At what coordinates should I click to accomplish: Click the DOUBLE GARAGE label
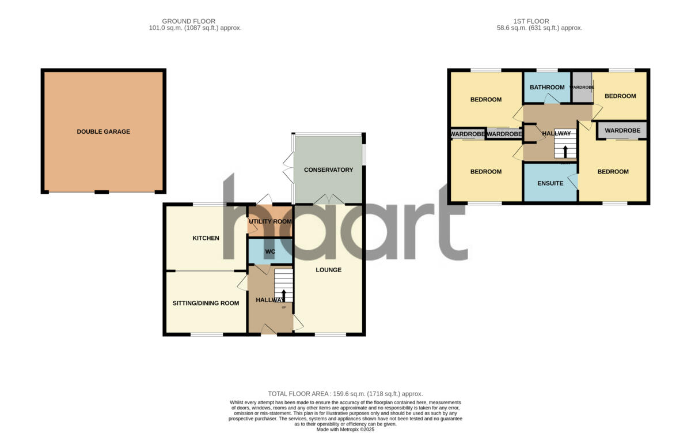[104, 131]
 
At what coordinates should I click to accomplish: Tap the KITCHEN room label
[206, 238]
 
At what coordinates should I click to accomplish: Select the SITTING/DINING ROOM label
[206, 303]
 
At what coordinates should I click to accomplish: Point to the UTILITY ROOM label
[270, 221]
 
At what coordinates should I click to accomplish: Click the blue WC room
[270, 252]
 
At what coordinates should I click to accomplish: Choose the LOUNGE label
[328, 270]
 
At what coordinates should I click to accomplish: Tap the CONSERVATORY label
[328, 170]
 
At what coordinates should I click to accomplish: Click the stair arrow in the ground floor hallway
[283, 295]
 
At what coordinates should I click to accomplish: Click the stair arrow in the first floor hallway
[565, 151]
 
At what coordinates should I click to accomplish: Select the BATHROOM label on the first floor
[547, 88]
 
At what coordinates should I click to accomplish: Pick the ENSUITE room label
[550, 183]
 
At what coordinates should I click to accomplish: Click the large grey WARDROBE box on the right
[622, 130]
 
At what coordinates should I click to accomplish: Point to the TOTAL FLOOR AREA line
[345, 394]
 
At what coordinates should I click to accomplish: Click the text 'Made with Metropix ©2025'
[345, 429]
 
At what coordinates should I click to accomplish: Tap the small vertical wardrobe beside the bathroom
[582, 87]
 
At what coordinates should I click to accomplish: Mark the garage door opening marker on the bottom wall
[102, 192]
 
